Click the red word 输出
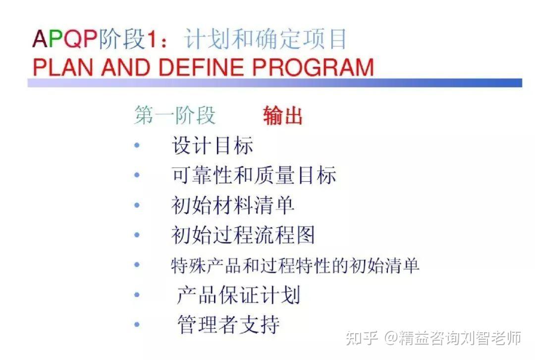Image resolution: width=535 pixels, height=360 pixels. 283,116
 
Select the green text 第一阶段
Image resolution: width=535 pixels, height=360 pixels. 175,115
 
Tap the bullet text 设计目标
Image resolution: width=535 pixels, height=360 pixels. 213,146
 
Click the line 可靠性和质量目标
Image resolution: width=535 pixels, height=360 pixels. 254,175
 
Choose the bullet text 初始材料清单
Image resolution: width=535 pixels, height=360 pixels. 233,205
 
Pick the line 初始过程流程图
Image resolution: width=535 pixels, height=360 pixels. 243,235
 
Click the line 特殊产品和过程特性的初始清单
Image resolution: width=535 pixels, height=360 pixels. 295,265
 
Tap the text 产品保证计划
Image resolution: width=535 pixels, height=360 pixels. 238,295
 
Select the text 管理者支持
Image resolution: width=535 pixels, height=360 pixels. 228,325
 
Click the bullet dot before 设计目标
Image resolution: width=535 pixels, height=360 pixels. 137,146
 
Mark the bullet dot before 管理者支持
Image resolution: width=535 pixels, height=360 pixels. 137,325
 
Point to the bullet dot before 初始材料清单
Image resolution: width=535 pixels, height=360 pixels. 137,205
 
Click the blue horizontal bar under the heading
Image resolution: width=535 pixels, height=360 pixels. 275,83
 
